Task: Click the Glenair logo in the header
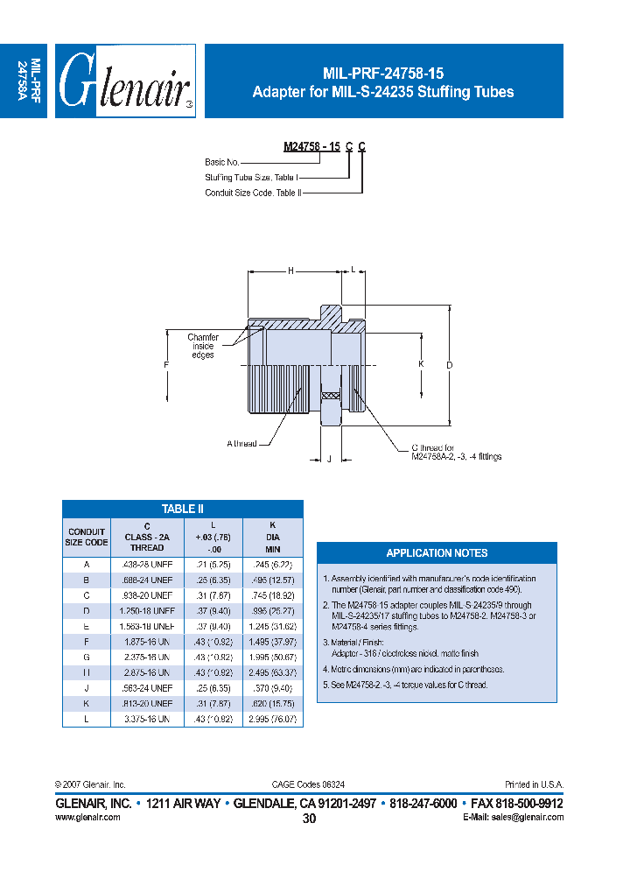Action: [x=125, y=81]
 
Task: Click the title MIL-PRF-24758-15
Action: [x=383, y=74]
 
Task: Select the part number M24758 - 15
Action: [x=311, y=147]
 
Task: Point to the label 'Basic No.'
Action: [x=221, y=162]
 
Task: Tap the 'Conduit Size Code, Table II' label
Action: [x=253, y=192]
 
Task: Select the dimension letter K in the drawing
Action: [x=420, y=363]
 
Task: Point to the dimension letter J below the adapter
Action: [x=328, y=458]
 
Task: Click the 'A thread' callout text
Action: [x=241, y=444]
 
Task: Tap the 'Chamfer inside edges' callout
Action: [x=203, y=346]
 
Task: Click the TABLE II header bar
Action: [x=183, y=509]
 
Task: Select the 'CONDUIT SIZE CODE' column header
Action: [x=87, y=537]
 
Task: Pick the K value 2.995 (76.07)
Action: [x=271, y=718]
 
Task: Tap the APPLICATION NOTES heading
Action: [x=437, y=553]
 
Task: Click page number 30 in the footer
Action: [x=309, y=819]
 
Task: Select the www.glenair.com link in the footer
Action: [x=87, y=816]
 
